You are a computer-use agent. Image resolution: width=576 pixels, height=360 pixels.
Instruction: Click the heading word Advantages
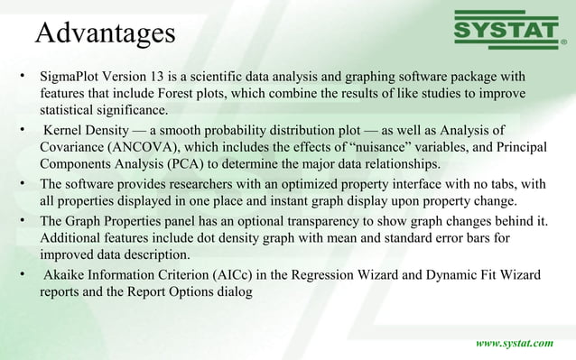pos(104,32)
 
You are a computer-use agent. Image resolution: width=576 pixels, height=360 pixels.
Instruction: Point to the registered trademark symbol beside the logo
pos(564,41)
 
